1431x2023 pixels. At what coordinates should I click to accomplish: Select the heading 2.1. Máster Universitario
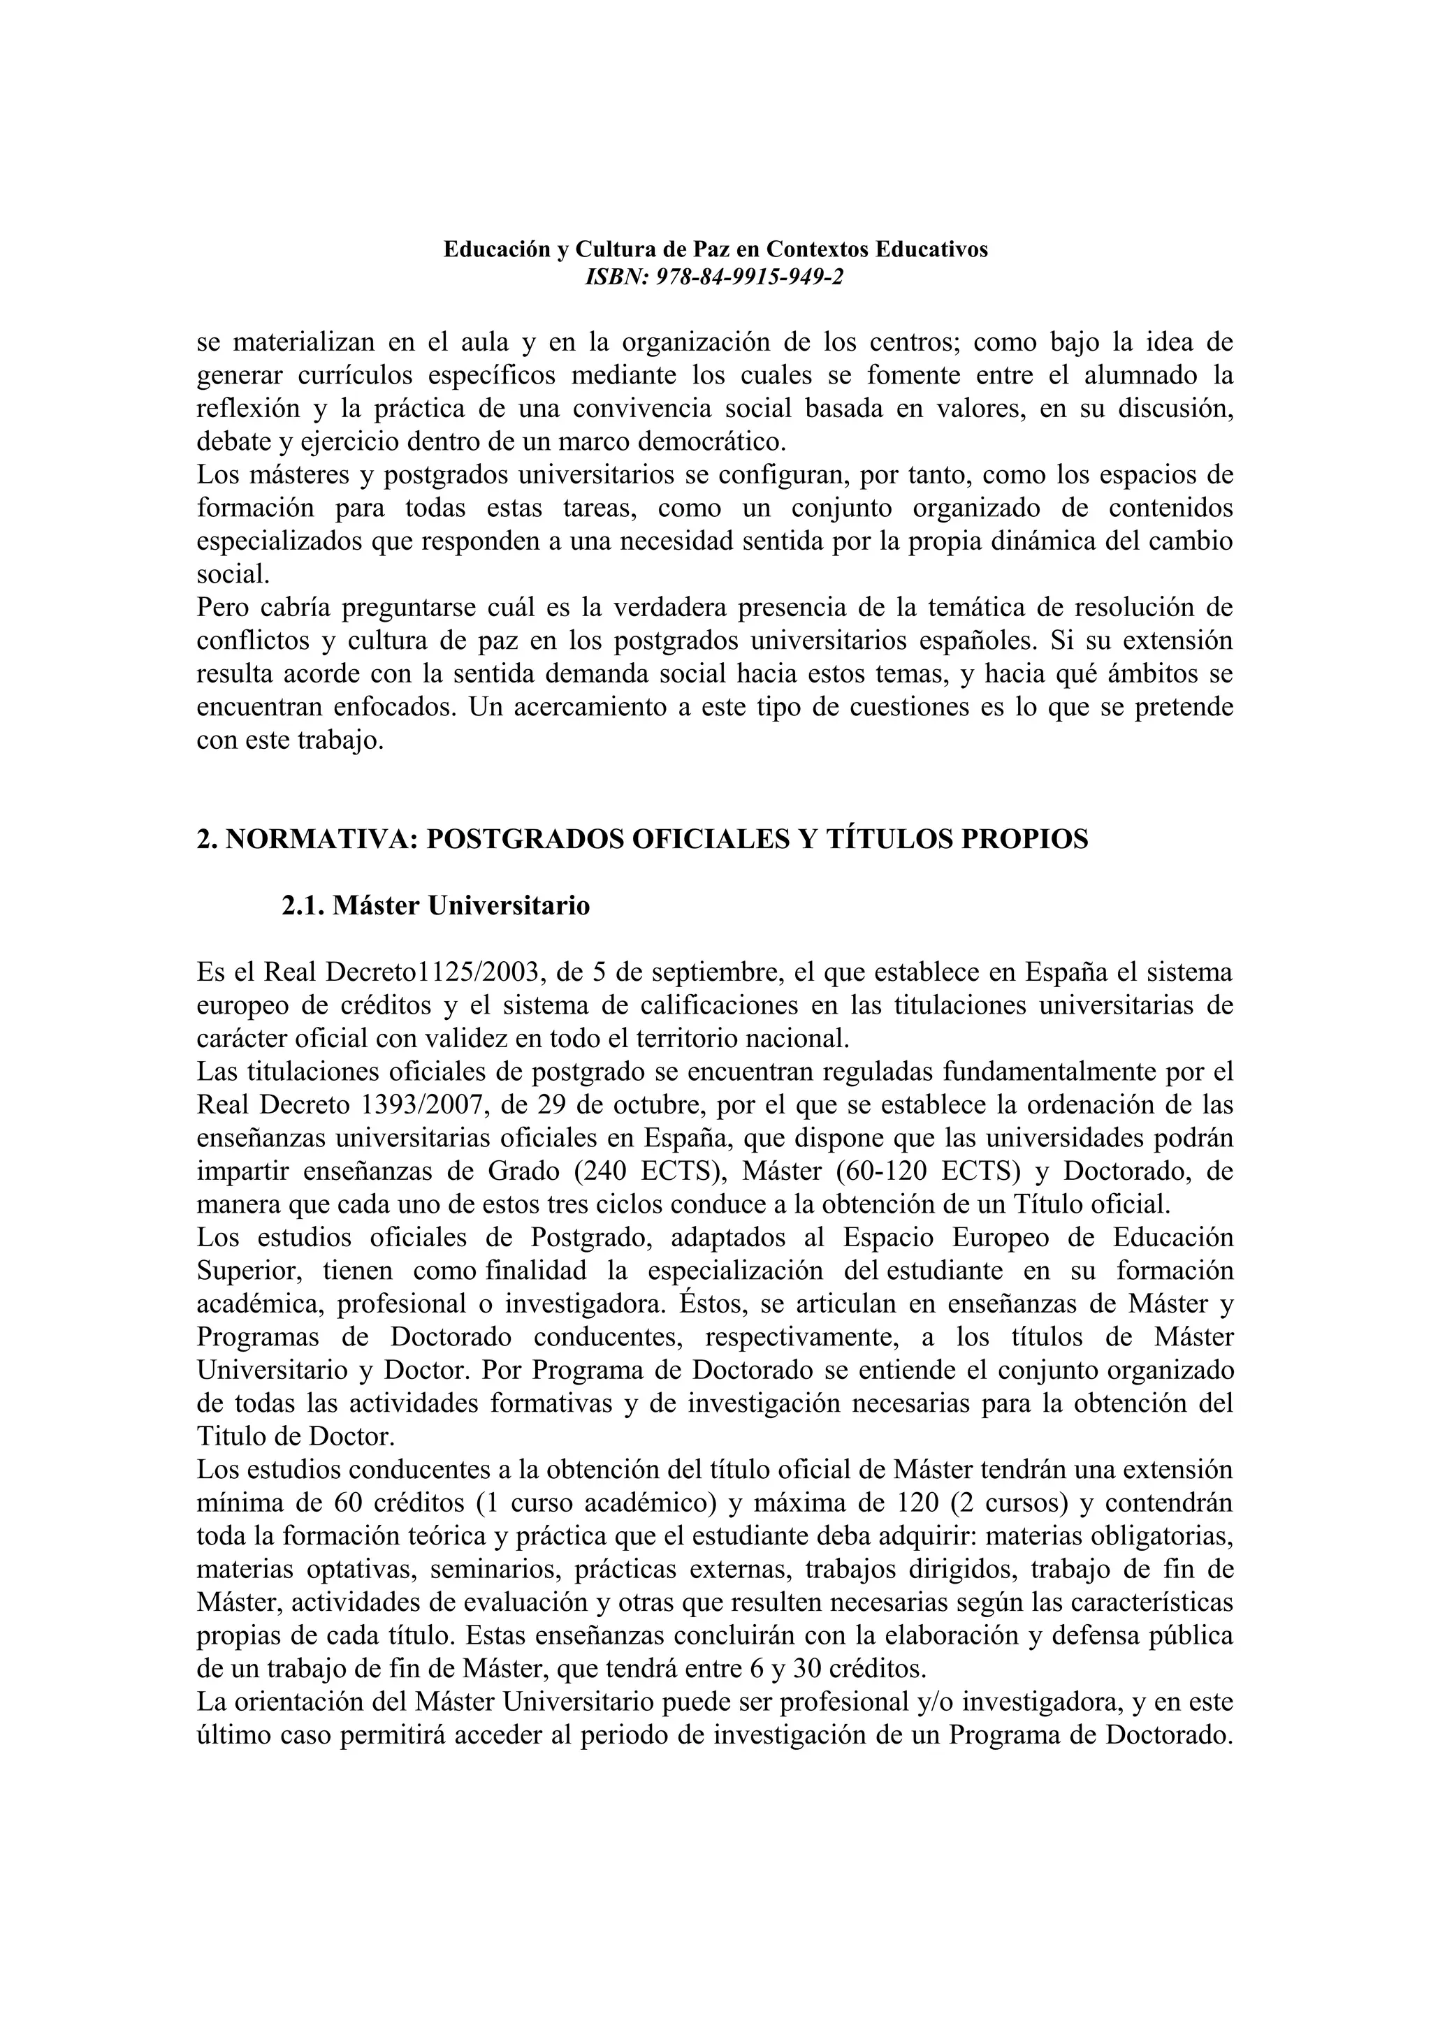[x=435, y=906]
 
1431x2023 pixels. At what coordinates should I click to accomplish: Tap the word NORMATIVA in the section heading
[x=321, y=839]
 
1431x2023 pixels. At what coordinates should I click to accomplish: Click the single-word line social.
[x=232, y=574]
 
